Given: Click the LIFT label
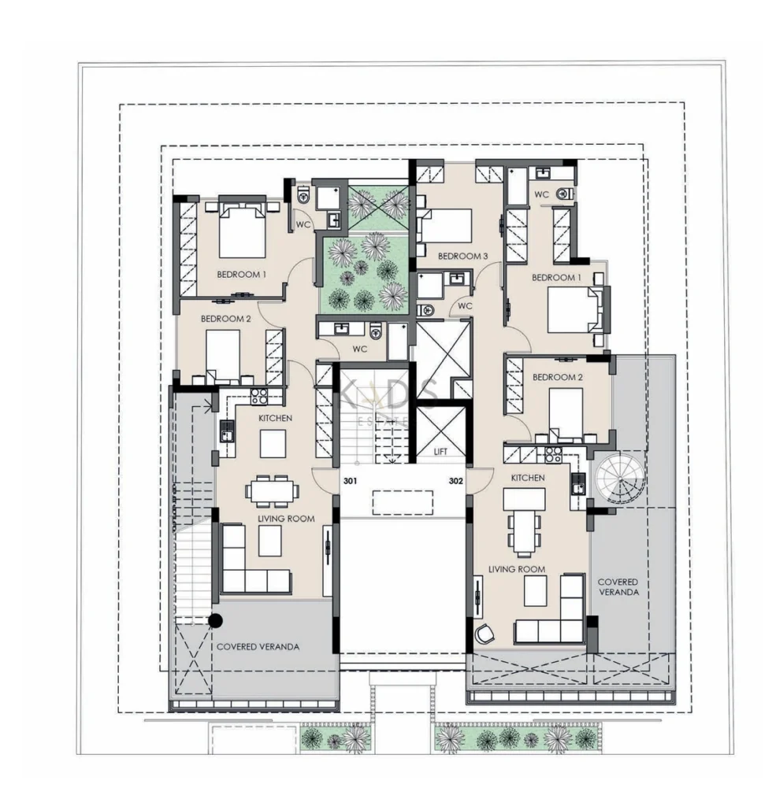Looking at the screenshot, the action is click(440, 451).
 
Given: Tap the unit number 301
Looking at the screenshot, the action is click(350, 481).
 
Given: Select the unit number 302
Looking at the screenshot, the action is click(456, 481).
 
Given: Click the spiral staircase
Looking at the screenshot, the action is click(619, 479).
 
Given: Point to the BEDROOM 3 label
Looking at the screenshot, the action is click(462, 256).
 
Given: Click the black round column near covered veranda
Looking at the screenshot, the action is click(215, 621).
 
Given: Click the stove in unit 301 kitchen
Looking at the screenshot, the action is click(259, 396).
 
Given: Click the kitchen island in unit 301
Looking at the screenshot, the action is click(273, 444).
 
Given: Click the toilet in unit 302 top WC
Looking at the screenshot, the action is click(566, 194).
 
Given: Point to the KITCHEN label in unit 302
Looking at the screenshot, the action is click(528, 478).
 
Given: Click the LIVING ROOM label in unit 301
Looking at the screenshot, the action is click(286, 519).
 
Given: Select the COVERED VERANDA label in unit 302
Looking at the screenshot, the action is click(618, 587).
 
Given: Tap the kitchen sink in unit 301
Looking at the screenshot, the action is click(226, 431).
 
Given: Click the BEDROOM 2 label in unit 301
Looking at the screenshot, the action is click(225, 319).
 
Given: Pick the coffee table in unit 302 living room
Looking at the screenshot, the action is click(535, 590).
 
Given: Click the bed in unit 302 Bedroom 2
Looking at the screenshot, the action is click(566, 413).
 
